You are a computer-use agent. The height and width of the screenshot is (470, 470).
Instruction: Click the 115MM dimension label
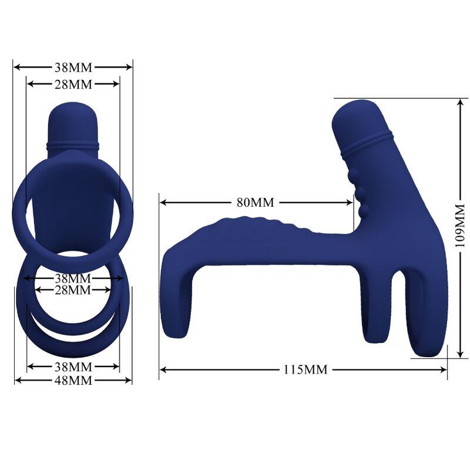coord(305,370)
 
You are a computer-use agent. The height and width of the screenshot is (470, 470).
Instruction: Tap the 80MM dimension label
coord(255,203)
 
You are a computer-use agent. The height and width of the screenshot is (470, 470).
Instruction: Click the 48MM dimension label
coord(73,380)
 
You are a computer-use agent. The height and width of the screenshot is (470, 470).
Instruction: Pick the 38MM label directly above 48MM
coord(73,367)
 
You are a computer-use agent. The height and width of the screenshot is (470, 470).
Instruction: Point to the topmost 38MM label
coord(73,67)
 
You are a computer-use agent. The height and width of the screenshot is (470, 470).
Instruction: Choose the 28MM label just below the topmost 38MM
coord(73,84)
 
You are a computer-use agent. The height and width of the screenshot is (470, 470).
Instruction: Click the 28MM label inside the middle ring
coord(73,290)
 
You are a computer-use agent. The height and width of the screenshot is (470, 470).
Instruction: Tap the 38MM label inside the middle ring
coord(73,277)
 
